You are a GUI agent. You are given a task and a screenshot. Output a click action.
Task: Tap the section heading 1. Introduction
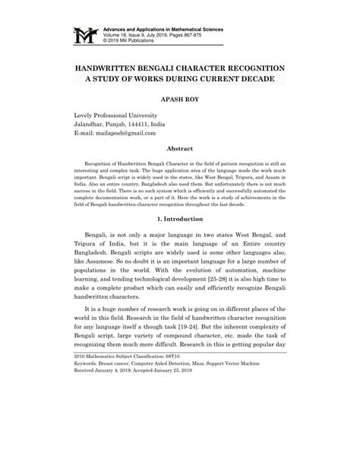(179, 240)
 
